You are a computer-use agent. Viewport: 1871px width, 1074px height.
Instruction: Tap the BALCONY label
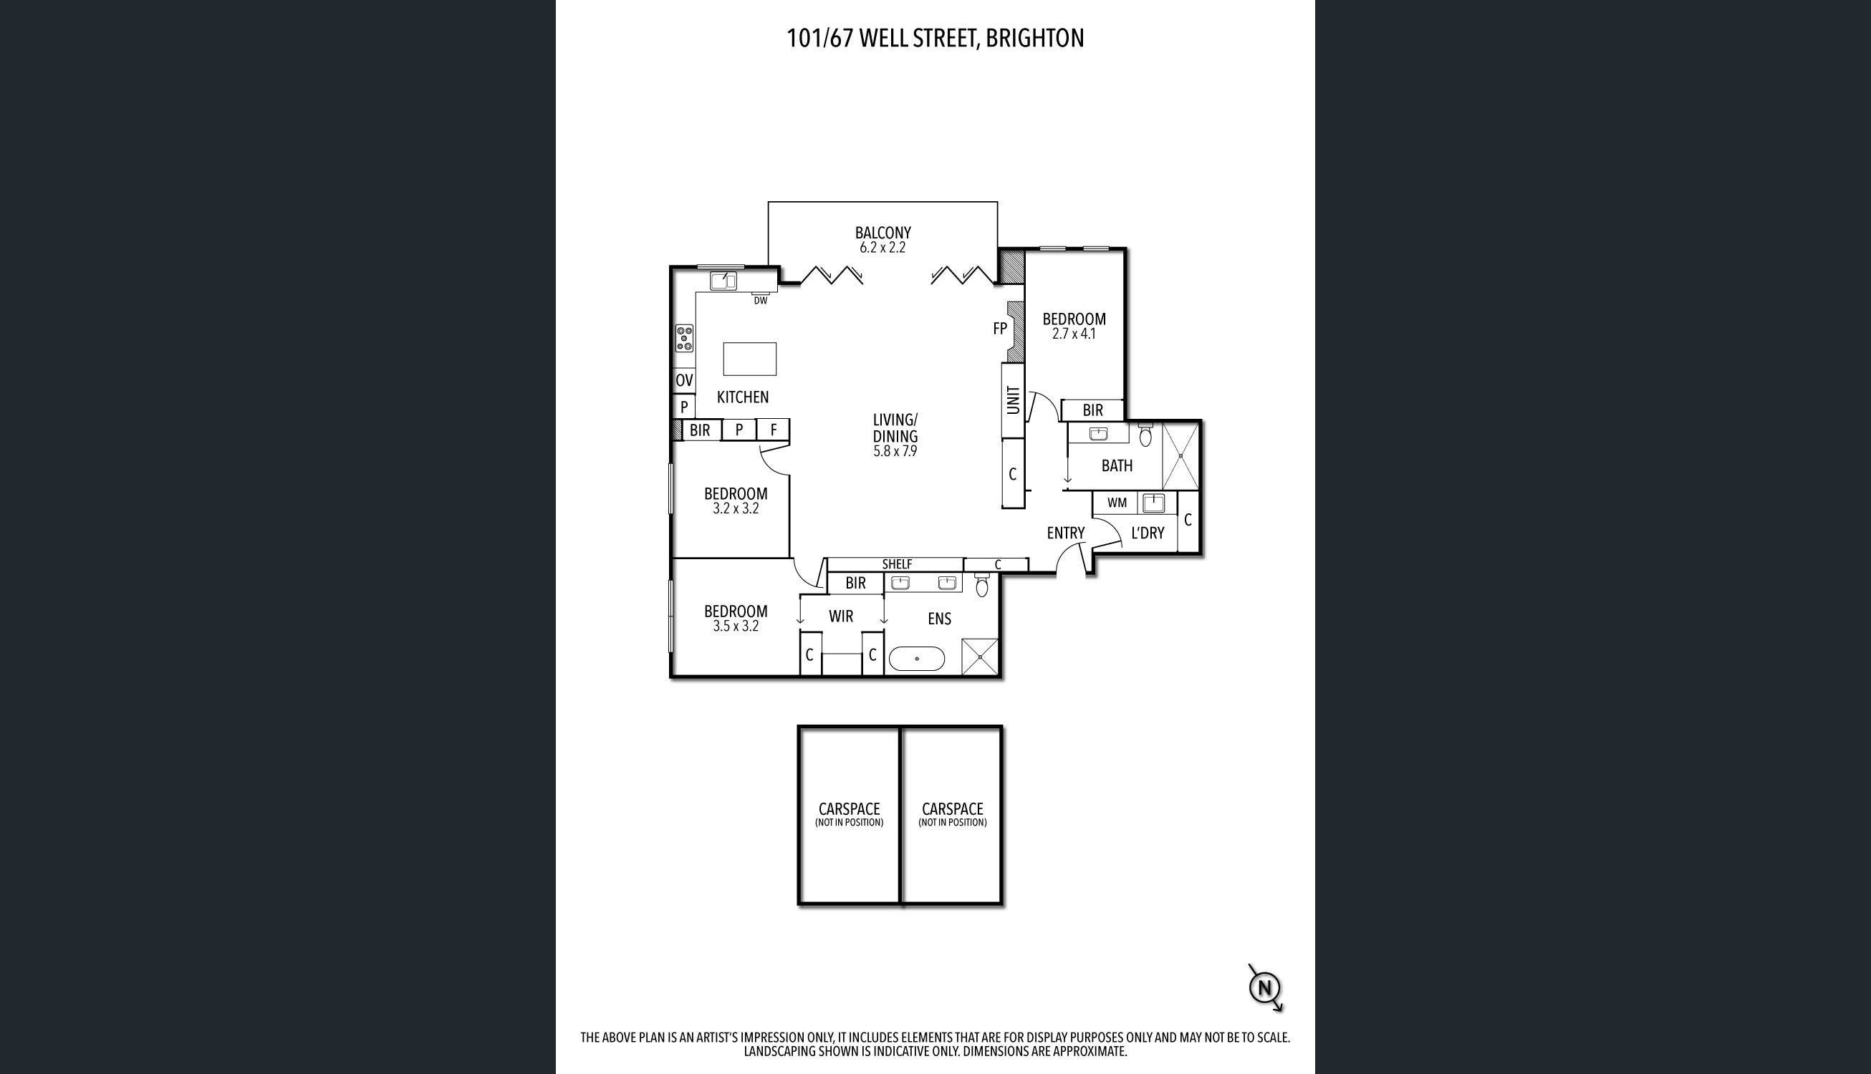click(883, 233)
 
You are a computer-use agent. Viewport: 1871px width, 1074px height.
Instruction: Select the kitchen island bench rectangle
click(749, 359)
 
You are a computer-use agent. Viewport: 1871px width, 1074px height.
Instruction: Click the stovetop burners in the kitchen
click(168, 338)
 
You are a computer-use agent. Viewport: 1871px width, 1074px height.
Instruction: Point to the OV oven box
click(684, 381)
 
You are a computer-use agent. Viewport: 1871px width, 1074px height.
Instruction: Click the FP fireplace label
click(1000, 329)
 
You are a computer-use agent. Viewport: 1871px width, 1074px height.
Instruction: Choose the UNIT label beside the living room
click(1013, 399)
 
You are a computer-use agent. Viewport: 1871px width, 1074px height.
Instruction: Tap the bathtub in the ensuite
click(916, 659)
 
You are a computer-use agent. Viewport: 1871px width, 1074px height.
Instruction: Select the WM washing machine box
click(1117, 503)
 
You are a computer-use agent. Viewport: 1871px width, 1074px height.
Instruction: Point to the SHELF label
click(896, 564)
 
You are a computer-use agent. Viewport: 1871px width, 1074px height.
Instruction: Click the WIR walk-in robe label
click(840, 616)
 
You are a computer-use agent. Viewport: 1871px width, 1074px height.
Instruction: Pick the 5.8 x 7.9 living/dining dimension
click(895, 451)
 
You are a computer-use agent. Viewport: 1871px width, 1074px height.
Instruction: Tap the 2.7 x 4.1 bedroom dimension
click(1074, 334)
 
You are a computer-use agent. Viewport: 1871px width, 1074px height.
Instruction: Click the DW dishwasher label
click(760, 300)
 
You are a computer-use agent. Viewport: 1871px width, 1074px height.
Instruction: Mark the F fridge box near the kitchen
click(773, 430)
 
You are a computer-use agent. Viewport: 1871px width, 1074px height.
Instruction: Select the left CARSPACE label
click(848, 808)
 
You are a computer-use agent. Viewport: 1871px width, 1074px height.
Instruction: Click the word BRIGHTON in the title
click(1034, 39)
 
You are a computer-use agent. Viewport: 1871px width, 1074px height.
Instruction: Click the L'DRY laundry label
click(1148, 533)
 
